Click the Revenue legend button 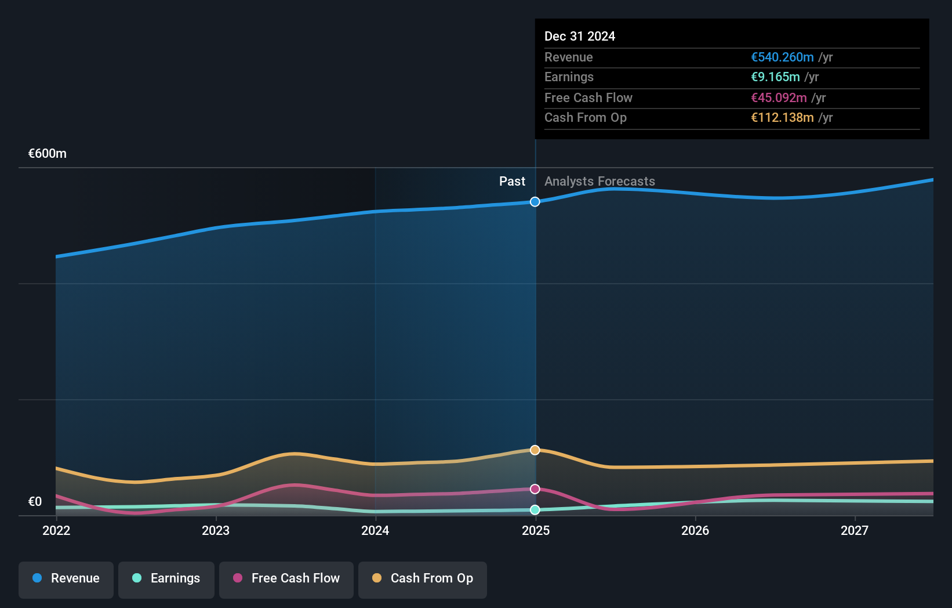66,578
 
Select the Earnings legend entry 166,578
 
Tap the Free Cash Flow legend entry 286,578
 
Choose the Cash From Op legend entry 423,578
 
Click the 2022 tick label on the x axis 56,530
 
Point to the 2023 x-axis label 216,530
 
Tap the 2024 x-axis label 375,530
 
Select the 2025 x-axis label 536,530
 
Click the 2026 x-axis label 695,530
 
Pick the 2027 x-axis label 855,530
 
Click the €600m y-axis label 48,154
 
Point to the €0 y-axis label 35,502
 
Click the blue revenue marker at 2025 535,202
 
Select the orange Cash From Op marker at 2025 535,450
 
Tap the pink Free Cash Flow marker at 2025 535,489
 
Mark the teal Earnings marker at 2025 535,510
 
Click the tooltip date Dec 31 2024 580,36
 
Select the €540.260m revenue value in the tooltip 782,57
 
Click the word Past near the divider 512,182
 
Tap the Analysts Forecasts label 599,182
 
